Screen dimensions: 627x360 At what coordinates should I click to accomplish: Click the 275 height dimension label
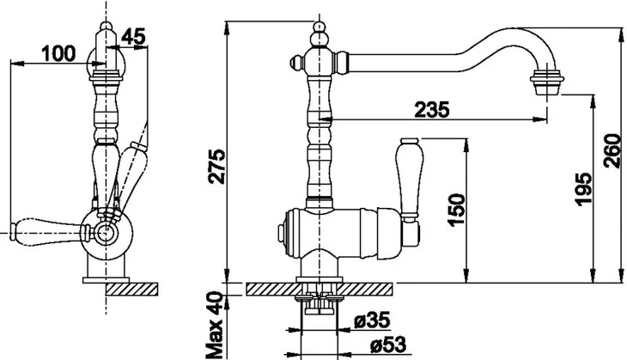(x=218, y=167)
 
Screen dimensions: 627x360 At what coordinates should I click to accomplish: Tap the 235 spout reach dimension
(x=432, y=109)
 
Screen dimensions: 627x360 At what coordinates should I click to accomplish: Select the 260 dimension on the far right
(x=612, y=151)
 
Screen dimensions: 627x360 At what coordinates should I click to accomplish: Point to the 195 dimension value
(x=584, y=189)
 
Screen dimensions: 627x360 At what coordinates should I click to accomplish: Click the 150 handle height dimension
(x=457, y=211)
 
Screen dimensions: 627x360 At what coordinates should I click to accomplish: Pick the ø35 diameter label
(x=372, y=320)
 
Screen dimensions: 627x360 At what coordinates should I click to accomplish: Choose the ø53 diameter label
(x=388, y=345)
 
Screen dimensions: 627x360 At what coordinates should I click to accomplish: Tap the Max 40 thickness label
(x=215, y=325)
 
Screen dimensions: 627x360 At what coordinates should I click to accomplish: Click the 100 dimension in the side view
(x=58, y=53)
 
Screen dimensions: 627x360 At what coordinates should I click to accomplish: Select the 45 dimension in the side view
(x=133, y=37)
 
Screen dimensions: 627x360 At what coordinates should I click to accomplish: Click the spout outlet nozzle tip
(x=546, y=82)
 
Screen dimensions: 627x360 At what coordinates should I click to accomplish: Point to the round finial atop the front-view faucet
(x=319, y=27)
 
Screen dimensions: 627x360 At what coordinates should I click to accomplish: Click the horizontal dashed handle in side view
(x=49, y=230)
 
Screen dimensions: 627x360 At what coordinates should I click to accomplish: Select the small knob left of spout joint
(x=296, y=62)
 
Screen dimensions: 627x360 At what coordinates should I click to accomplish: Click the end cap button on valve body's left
(x=282, y=234)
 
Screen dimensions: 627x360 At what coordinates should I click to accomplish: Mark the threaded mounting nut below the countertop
(x=320, y=306)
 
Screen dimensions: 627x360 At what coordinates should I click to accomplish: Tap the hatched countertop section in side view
(x=132, y=289)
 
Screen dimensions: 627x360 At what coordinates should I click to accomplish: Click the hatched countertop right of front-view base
(x=366, y=289)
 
